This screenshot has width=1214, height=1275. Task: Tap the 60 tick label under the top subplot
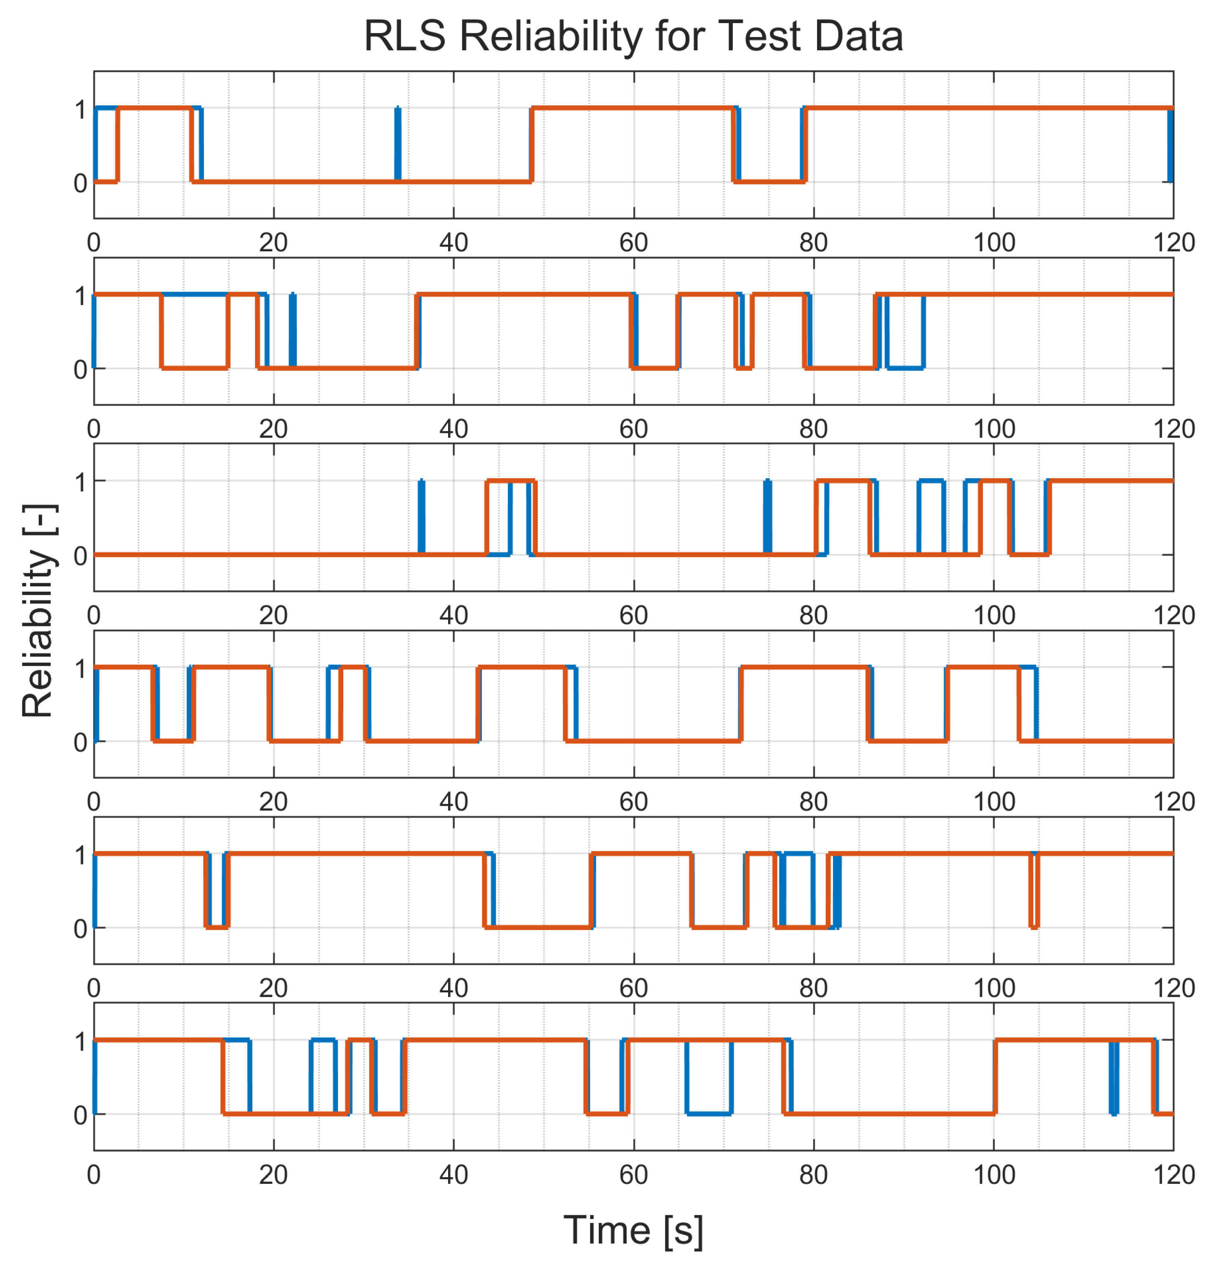pos(633,243)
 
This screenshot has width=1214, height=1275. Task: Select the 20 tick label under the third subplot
pos(273,616)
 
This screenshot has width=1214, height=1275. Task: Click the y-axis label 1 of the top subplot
pos(80,110)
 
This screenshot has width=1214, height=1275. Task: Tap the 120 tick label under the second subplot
pos(1173,429)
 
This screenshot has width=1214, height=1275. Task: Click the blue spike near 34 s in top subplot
pos(397,144)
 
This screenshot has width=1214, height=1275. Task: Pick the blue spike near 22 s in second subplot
pos(293,330)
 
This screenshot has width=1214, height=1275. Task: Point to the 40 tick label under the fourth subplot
pos(453,802)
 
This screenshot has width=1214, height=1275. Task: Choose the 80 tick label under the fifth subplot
pos(813,988)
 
